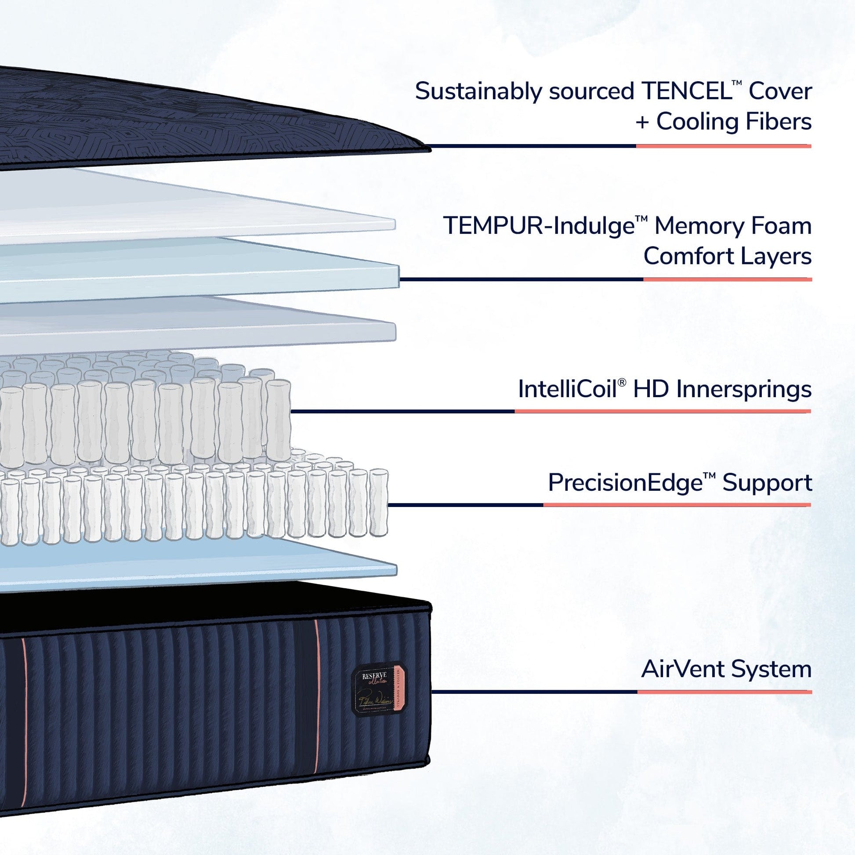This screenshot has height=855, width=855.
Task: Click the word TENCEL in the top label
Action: (685, 91)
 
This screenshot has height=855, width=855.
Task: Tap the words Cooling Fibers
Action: (734, 122)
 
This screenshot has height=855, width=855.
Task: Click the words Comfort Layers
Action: (727, 256)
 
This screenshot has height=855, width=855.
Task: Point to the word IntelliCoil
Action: (567, 389)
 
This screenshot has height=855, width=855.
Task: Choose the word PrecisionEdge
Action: (624, 483)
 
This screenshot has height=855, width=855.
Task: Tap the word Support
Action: (767, 483)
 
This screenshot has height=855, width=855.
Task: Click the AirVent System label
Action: (726, 669)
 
